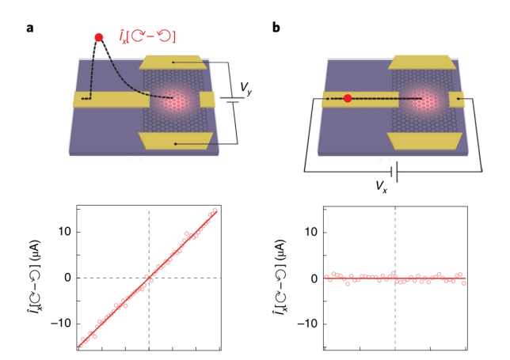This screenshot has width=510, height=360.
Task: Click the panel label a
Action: pos(30,29)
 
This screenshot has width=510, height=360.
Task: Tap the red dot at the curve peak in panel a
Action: pos(99,37)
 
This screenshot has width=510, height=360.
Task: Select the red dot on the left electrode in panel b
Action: pos(347,98)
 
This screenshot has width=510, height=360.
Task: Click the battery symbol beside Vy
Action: pos(230,100)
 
